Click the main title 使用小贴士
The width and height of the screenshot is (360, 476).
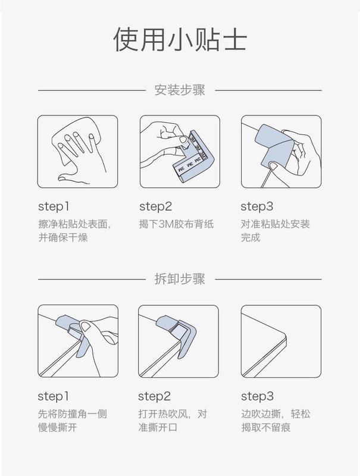[180, 39]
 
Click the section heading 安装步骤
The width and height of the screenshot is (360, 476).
[180, 90]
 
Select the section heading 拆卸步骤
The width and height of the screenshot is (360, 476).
[180, 279]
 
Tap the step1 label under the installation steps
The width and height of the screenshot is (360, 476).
[54, 206]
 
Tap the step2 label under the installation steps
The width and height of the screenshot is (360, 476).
[156, 206]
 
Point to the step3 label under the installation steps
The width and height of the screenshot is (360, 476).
[257, 206]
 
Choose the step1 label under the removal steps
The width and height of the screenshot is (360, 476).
[54, 396]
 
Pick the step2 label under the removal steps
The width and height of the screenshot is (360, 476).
[155, 396]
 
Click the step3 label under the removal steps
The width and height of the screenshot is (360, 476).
[258, 396]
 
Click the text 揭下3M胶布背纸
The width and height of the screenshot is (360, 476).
[176, 224]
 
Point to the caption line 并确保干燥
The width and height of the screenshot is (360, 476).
[63, 237]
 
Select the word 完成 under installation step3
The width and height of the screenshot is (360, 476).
[251, 237]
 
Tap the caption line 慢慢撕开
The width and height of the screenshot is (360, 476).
[57, 427]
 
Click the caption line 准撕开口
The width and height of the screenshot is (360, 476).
[158, 427]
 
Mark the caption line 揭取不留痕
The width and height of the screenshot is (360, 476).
[266, 427]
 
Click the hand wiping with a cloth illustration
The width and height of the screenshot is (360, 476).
[77, 151]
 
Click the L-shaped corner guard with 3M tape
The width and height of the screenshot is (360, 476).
[190, 157]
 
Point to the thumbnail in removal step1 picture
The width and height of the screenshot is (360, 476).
[85, 326]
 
